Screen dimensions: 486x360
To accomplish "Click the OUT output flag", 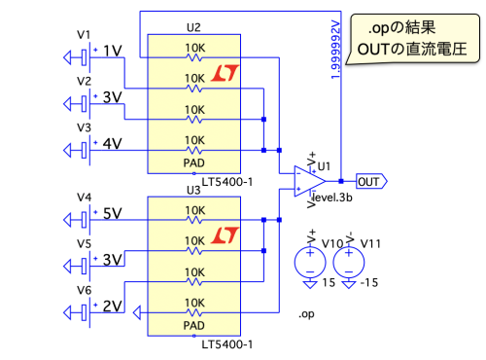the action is (x=371, y=181).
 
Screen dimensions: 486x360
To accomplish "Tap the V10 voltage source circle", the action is (x=310, y=262).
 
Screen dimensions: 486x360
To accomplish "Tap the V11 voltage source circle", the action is (x=349, y=262).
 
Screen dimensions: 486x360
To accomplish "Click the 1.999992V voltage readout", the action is (x=335, y=50).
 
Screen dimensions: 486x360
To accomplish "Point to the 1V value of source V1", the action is (x=113, y=51).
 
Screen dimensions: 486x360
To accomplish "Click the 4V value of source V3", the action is (x=113, y=143).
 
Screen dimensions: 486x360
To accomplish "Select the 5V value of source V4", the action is (x=113, y=213).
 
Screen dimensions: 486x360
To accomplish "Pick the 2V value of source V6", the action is (x=113, y=306).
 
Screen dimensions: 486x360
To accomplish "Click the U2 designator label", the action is (x=193, y=27).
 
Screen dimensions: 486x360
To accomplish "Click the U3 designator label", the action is (x=193, y=190).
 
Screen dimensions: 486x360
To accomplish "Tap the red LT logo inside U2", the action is (x=226, y=73).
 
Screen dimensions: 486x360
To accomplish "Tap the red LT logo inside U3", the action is (x=226, y=235).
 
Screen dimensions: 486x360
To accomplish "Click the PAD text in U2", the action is (x=194, y=162).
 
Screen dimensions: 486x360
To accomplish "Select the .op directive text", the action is (x=306, y=314).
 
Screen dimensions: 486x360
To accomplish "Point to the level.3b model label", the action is (x=332, y=198).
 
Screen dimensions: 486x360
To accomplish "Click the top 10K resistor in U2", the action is (x=194, y=57).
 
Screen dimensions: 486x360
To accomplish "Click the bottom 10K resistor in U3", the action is (x=194, y=312).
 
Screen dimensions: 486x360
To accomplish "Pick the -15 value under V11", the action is (x=369, y=282).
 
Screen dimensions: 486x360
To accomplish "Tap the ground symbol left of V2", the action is (x=67, y=104).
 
